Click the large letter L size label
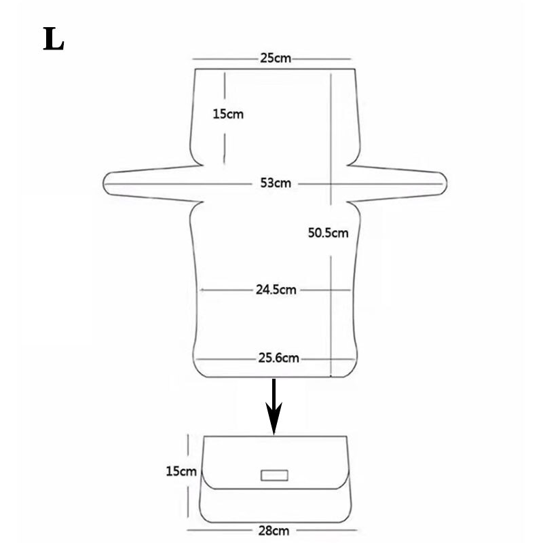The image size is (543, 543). coord(54,39)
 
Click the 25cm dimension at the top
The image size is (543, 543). coord(276,58)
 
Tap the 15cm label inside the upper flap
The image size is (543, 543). coord(228,114)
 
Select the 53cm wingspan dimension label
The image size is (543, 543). coord(276,183)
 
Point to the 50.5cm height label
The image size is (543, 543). coord(328,233)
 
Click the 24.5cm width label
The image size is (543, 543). coord(276,290)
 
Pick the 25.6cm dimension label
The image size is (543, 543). coord(278,358)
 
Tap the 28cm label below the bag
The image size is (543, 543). coord(274,531)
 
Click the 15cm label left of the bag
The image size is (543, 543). coord(181,471)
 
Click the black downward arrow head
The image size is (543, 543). coord(274,417)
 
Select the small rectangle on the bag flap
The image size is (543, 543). coord(274,475)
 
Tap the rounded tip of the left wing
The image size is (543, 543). coord(104,183)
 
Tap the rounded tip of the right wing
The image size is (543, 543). coord(446,183)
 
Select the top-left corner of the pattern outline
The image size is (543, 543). coord(195,69)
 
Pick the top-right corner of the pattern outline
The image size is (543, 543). coord(355,69)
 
